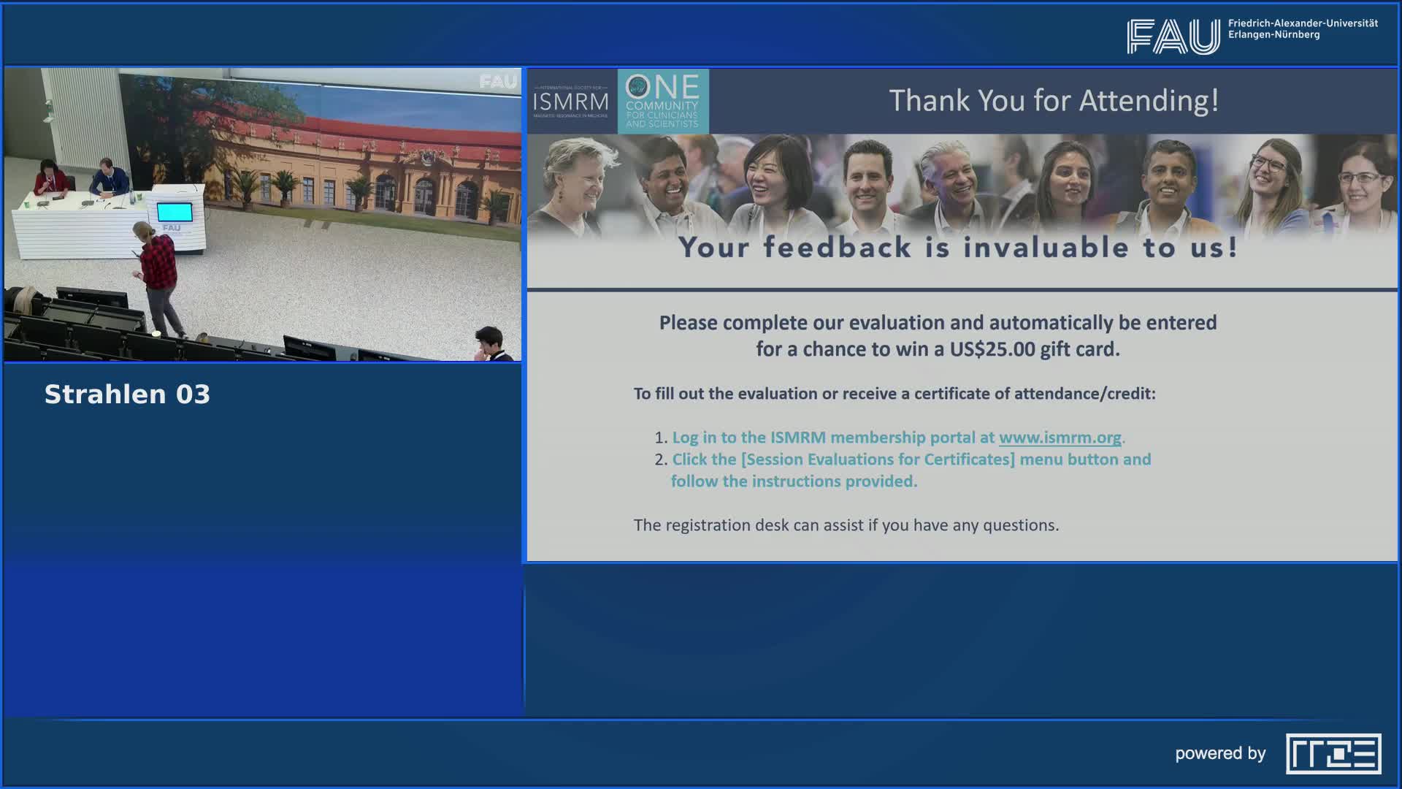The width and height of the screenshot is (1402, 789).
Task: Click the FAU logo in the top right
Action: pyautogui.click(x=1173, y=36)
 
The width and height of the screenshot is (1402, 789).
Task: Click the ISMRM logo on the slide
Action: pyautogui.click(x=570, y=102)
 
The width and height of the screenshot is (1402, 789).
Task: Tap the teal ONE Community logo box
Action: pyautogui.click(x=662, y=101)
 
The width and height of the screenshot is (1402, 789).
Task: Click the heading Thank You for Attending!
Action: pyautogui.click(x=1053, y=101)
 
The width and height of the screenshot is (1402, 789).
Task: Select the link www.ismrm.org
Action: pyautogui.click(x=1060, y=438)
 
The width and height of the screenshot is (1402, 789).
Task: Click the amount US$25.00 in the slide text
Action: pyautogui.click(x=992, y=349)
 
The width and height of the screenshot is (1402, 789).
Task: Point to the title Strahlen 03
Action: pyautogui.click(x=127, y=394)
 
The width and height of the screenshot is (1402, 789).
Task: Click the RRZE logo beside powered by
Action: pyautogui.click(x=1333, y=753)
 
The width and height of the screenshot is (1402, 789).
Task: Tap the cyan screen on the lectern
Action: pyautogui.click(x=175, y=212)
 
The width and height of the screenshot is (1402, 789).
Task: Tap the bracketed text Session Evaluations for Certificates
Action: pyautogui.click(x=878, y=460)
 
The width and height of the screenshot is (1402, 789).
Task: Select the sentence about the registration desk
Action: pyautogui.click(x=846, y=525)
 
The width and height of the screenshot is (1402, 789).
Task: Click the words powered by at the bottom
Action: pyautogui.click(x=1219, y=753)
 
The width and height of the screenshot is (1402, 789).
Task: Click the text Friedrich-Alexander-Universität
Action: pyautogui.click(x=1302, y=23)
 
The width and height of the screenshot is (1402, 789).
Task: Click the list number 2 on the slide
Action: pyautogui.click(x=660, y=460)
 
